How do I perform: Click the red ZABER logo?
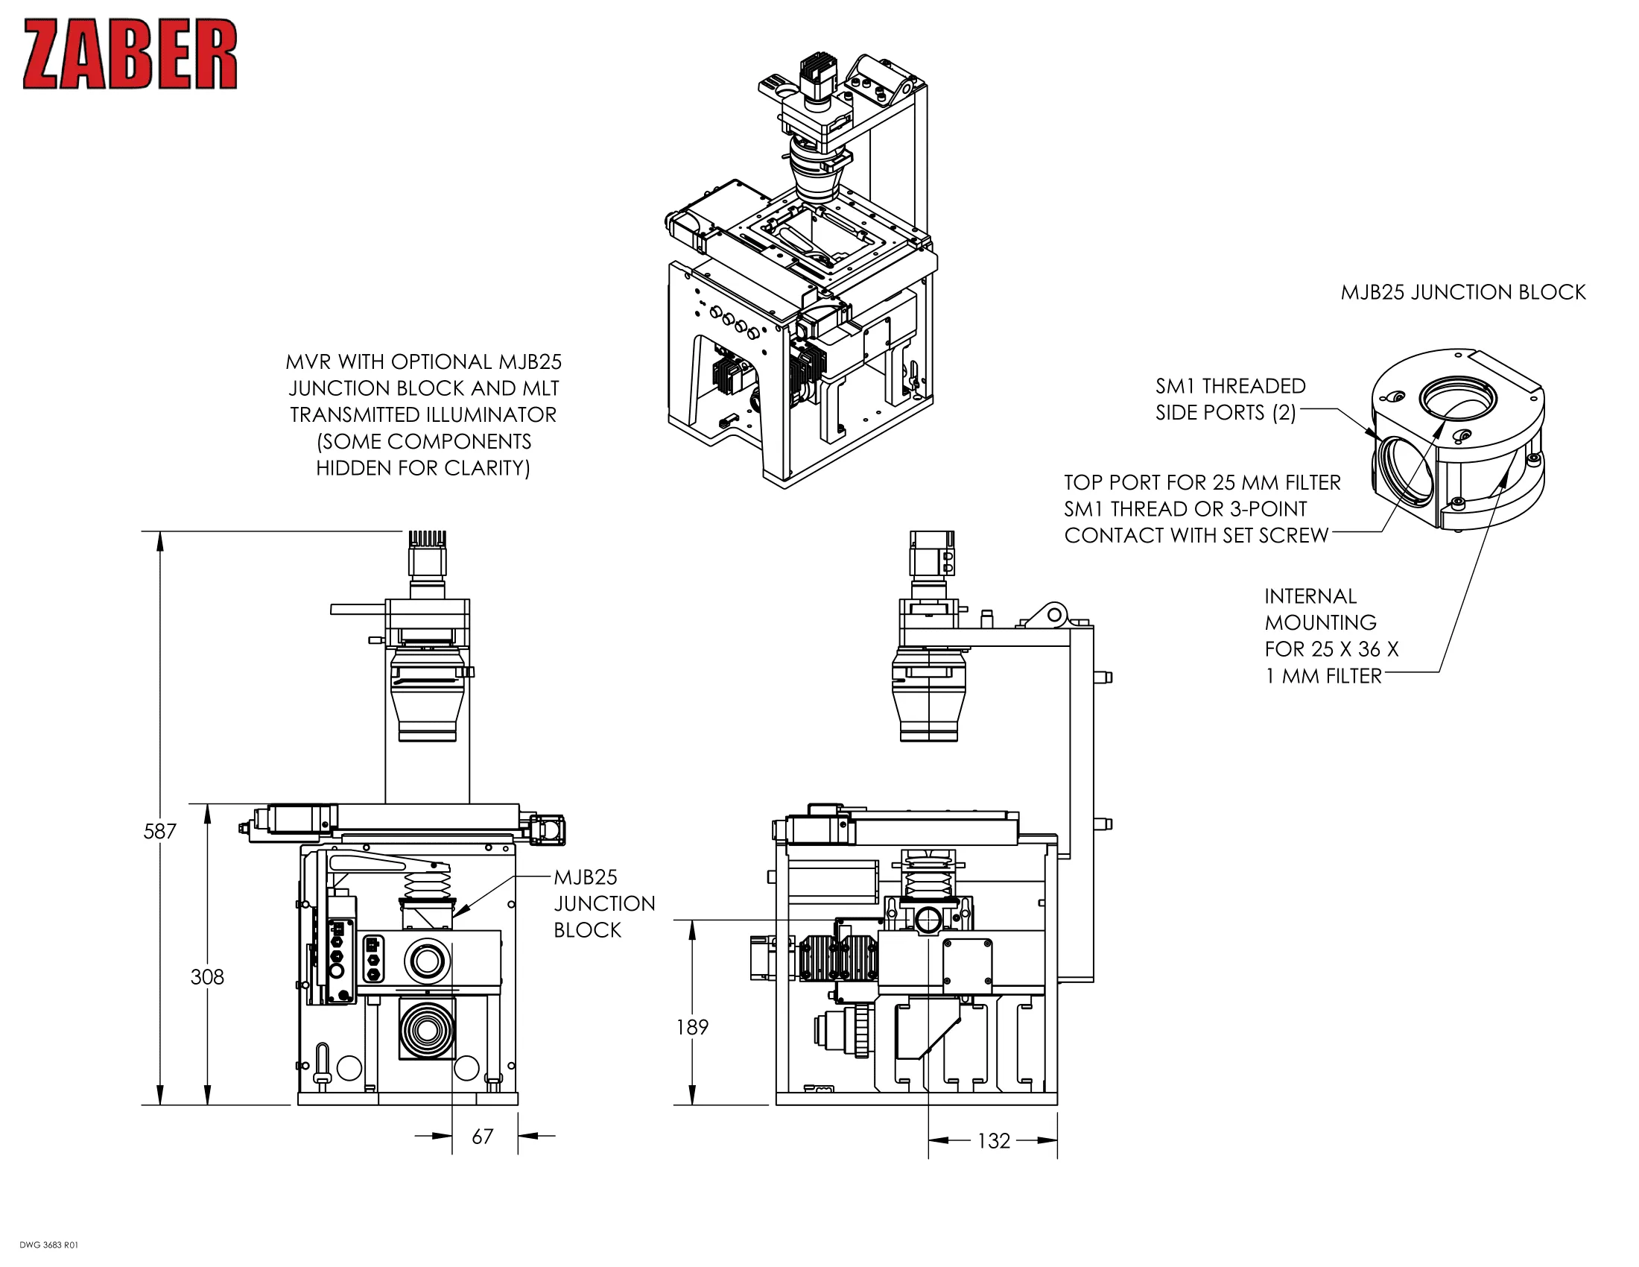(x=130, y=54)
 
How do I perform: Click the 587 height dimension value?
(x=159, y=831)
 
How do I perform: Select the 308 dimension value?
(x=207, y=976)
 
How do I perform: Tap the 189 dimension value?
(x=692, y=1027)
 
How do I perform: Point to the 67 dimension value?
(x=483, y=1137)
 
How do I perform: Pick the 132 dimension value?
(x=994, y=1141)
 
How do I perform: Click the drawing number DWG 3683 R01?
(x=48, y=1245)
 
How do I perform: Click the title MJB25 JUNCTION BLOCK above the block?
(x=1462, y=292)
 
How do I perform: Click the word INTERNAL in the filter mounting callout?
(x=1310, y=596)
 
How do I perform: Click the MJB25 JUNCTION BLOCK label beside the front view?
(x=603, y=903)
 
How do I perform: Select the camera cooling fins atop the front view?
(x=427, y=539)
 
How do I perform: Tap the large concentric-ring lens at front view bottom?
(x=427, y=1029)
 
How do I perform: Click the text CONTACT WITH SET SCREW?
(x=1196, y=535)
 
